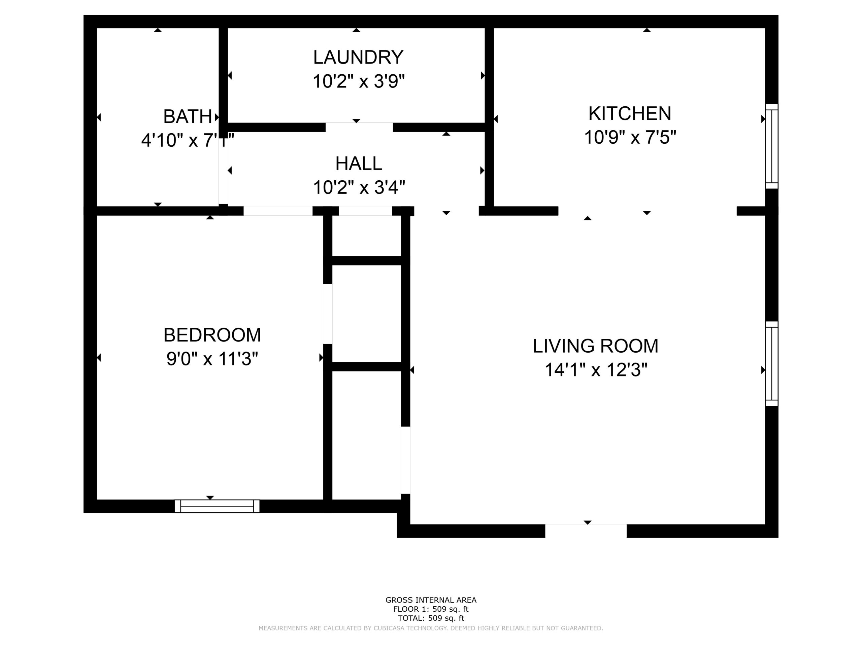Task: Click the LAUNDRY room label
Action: (x=358, y=58)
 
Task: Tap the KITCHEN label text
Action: (x=630, y=114)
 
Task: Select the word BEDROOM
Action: (x=212, y=335)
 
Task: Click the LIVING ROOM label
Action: (x=595, y=346)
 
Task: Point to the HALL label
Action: (x=359, y=164)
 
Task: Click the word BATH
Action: (x=188, y=116)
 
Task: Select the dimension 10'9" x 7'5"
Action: (x=630, y=138)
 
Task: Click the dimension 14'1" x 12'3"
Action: (x=595, y=370)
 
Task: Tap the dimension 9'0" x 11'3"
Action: (x=212, y=359)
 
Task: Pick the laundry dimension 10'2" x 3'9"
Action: (x=359, y=81)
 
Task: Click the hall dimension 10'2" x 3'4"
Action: (x=359, y=187)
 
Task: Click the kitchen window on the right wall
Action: (x=772, y=146)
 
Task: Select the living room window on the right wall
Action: (x=772, y=364)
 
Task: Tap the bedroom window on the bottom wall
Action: (x=217, y=506)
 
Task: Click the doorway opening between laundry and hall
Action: (x=359, y=127)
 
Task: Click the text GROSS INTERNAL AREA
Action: (x=431, y=600)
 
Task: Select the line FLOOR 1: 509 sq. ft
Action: (x=431, y=609)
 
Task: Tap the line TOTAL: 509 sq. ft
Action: (x=431, y=618)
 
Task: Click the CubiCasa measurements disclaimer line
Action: (x=431, y=628)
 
